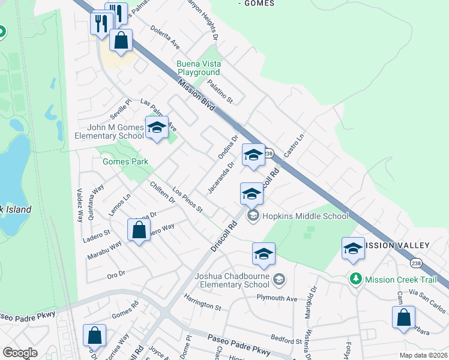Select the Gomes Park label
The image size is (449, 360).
pyautogui.click(x=125, y=161)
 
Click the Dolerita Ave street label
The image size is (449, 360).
pyautogui.click(x=166, y=37)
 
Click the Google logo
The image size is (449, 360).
pyautogui.click(x=20, y=353)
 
